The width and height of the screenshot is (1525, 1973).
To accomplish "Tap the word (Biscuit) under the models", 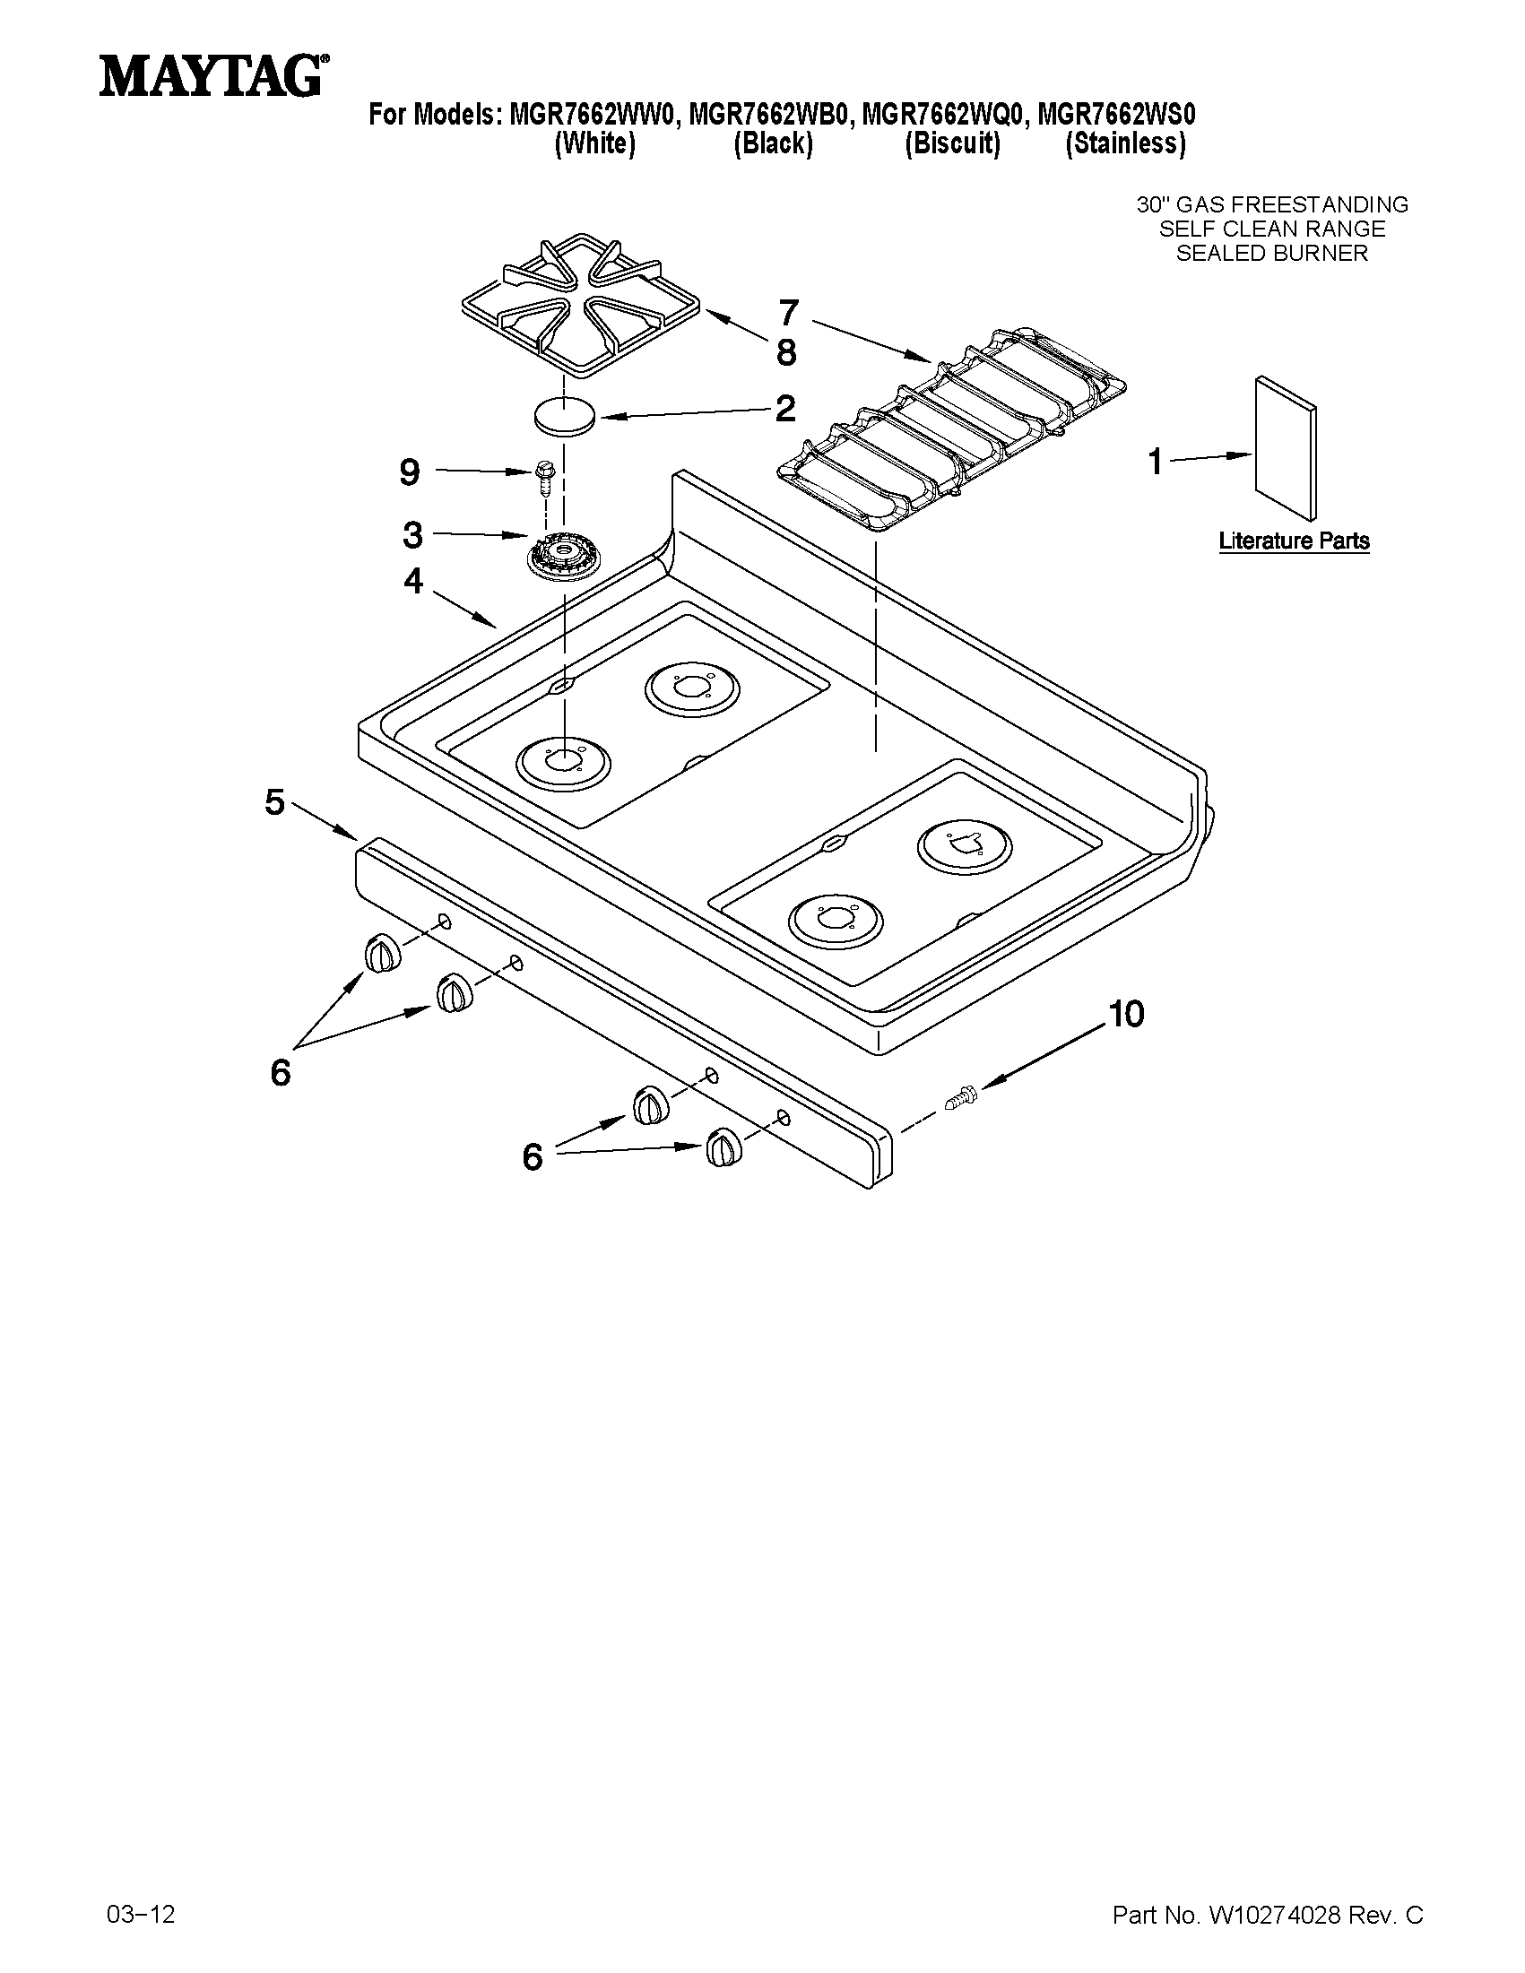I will pyautogui.click(x=952, y=143).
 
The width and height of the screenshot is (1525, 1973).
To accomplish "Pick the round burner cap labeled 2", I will pyautogui.click(x=565, y=416).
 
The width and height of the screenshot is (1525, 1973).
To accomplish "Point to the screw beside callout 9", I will pyautogui.click(x=546, y=476).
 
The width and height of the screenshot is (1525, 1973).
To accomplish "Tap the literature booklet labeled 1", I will pyautogui.click(x=1285, y=448).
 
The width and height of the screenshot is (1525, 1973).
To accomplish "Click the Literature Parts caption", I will pyautogui.click(x=1294, y=541).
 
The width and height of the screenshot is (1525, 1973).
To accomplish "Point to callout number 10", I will pyautogui.click(x=1126, y=1014).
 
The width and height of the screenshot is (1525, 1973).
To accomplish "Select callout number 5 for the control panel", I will pyautogui.click(x=274, y=802).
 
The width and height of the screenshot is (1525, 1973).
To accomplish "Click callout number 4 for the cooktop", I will pyautogui.click(x=413, y=581).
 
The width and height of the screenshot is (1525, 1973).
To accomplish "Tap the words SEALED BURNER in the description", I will pyautogui.click(x=1271, y=254).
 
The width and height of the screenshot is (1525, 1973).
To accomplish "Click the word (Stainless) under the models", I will pyautogui.click(x=1125, y=143).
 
